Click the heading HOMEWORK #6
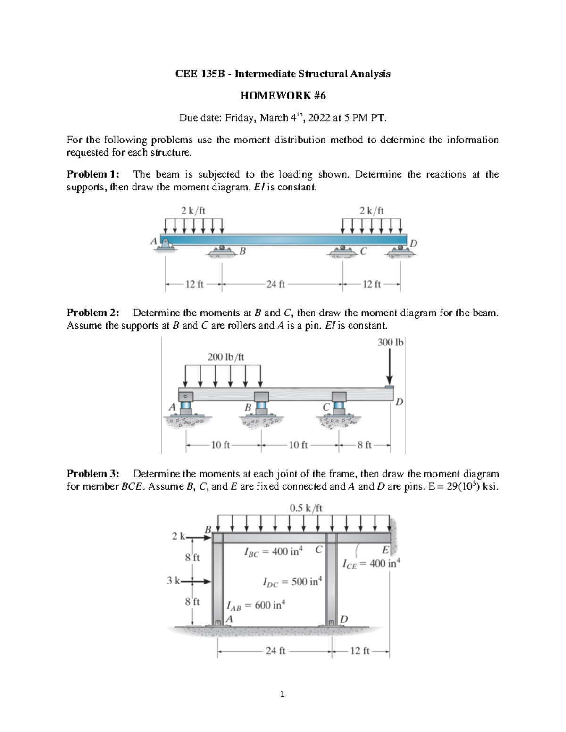tap(283, 96)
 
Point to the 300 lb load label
tap(391, 343)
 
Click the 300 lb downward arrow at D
tap(390, 368)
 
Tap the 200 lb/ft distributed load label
tap(226, 356)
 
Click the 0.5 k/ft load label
tap(306, 508)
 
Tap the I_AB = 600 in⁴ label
tap(256, 605)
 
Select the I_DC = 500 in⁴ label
tap(291, 582)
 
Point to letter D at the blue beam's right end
tap(414, 243)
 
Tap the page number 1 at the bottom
tap(283, 694)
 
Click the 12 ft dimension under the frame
tap(361, 651)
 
